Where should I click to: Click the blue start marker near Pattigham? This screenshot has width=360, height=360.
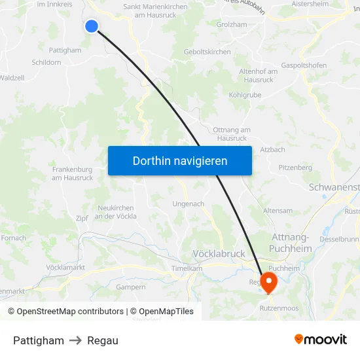[92, 26]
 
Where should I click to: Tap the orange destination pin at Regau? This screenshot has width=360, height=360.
[268, 281]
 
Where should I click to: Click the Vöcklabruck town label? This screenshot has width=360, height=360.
[219, 253]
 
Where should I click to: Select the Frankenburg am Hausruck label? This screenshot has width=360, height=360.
[72, 173]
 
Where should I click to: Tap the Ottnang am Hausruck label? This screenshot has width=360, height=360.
[232, 134]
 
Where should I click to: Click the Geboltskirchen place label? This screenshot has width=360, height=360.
[207, 52]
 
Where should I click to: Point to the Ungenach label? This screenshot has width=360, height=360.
[188, 204]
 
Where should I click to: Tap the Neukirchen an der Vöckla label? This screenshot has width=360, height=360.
[117, 212]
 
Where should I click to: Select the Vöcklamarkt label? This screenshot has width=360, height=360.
[66, 268]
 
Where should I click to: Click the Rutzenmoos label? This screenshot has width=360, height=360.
[279, 308]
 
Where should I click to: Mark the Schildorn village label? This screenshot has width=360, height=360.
[46, 62]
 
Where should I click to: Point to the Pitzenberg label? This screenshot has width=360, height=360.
[295, 168]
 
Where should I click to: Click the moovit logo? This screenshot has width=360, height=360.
[320, 340]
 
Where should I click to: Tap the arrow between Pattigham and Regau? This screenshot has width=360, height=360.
[75, 340]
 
